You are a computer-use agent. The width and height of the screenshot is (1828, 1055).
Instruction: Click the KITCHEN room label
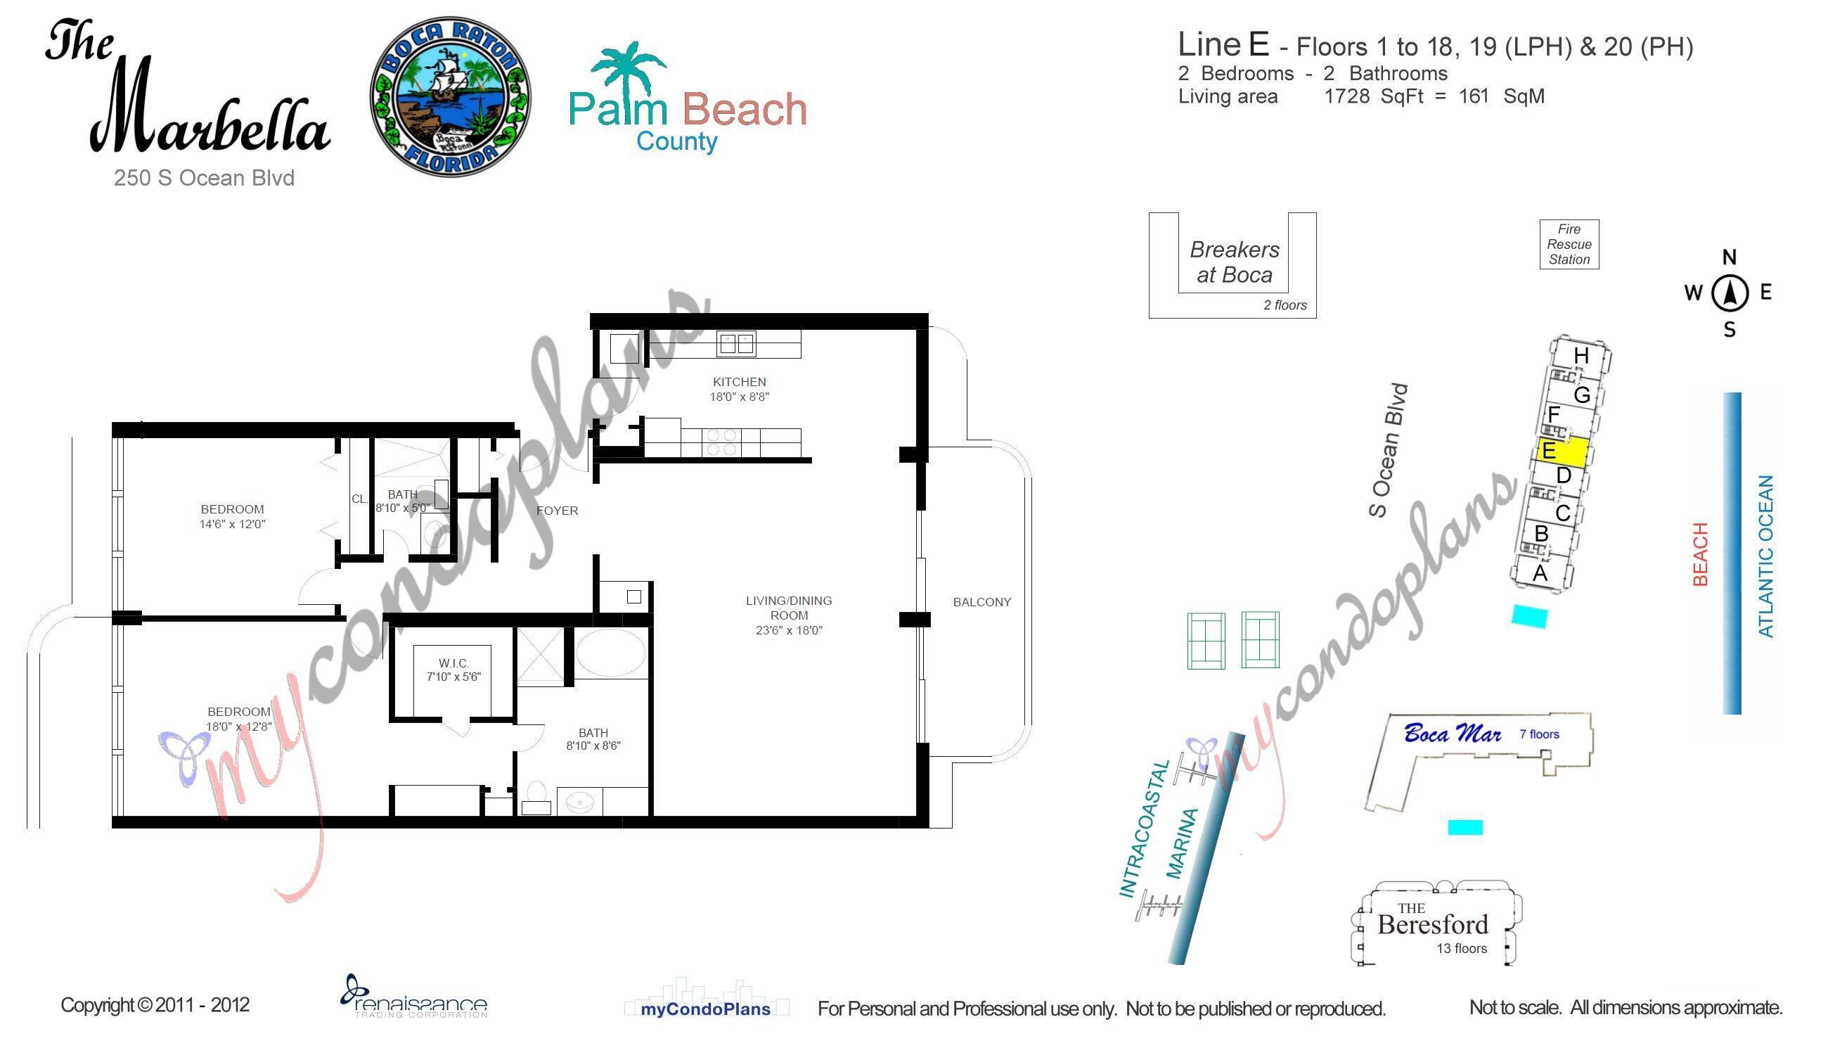739,382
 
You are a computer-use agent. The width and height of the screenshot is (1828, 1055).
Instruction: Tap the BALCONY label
981,602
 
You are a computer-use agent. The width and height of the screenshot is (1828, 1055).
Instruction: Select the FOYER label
557,511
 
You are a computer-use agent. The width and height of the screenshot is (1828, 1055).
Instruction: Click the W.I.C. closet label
454,663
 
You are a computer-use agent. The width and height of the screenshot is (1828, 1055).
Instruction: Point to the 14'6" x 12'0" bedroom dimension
233,525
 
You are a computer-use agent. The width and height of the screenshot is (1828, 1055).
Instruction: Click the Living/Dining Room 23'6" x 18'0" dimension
789,630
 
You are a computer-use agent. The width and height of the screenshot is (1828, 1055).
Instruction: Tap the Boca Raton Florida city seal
451,98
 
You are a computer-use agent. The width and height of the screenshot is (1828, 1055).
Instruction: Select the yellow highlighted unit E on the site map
1563,452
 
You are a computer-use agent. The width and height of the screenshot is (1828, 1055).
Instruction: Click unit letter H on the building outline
1581,356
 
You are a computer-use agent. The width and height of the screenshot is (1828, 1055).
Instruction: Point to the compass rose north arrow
1730,293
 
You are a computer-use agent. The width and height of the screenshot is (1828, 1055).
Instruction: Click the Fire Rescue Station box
1569,244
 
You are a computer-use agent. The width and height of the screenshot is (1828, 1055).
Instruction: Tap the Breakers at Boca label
1234,262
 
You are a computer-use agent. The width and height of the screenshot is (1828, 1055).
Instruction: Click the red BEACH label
1700,554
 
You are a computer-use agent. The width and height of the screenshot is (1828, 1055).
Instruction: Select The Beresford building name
1432,924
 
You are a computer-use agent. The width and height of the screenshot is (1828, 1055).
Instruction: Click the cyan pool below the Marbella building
1530,617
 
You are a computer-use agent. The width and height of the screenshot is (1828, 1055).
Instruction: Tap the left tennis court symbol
1206,641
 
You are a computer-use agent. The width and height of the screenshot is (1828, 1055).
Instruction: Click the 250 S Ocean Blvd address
204,178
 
